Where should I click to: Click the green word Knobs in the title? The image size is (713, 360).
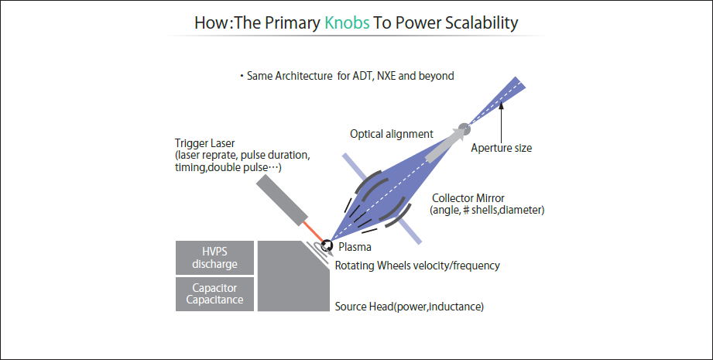[x=348, y=22]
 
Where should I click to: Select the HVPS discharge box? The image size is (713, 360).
[x=215, y=257]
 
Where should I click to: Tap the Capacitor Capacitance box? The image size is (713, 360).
[x=215, y=294]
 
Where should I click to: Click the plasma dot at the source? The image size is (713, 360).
[x=328, y=245]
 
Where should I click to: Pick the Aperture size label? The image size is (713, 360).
[x=502, y=148]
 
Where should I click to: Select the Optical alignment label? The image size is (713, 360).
[x=391, y=134]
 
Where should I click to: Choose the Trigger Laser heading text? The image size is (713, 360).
[x=204, y=143]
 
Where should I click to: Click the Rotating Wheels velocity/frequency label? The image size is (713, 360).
[x=417, y=266]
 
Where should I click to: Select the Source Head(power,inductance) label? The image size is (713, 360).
[x=409, y=307]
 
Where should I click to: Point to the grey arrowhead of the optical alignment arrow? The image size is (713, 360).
[x=453, y=135]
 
